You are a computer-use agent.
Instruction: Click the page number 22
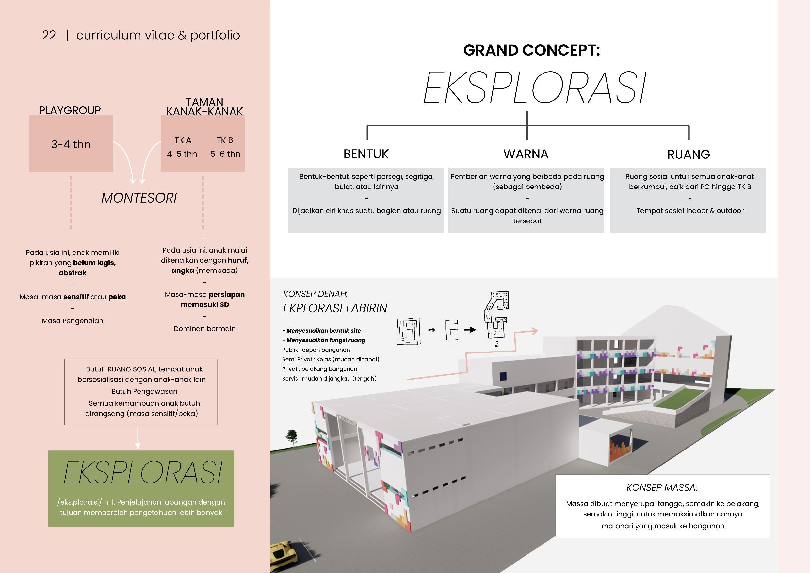49,35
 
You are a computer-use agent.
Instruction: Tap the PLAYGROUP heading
70,110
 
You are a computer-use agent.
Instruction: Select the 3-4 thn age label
71,144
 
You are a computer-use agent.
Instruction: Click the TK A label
183,140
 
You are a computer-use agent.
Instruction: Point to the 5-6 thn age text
225,154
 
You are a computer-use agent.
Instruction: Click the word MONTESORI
139,198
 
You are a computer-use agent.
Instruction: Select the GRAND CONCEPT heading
531,50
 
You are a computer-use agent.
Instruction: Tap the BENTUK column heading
366,154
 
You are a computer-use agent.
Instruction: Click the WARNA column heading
526,154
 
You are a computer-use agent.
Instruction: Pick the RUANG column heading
688,155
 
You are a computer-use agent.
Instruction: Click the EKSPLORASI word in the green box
143,472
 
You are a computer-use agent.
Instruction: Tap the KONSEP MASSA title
661,488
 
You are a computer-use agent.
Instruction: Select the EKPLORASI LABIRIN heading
335,308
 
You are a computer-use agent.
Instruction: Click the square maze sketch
409,331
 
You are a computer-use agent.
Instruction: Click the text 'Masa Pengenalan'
73,321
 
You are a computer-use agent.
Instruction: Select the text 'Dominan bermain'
204,329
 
